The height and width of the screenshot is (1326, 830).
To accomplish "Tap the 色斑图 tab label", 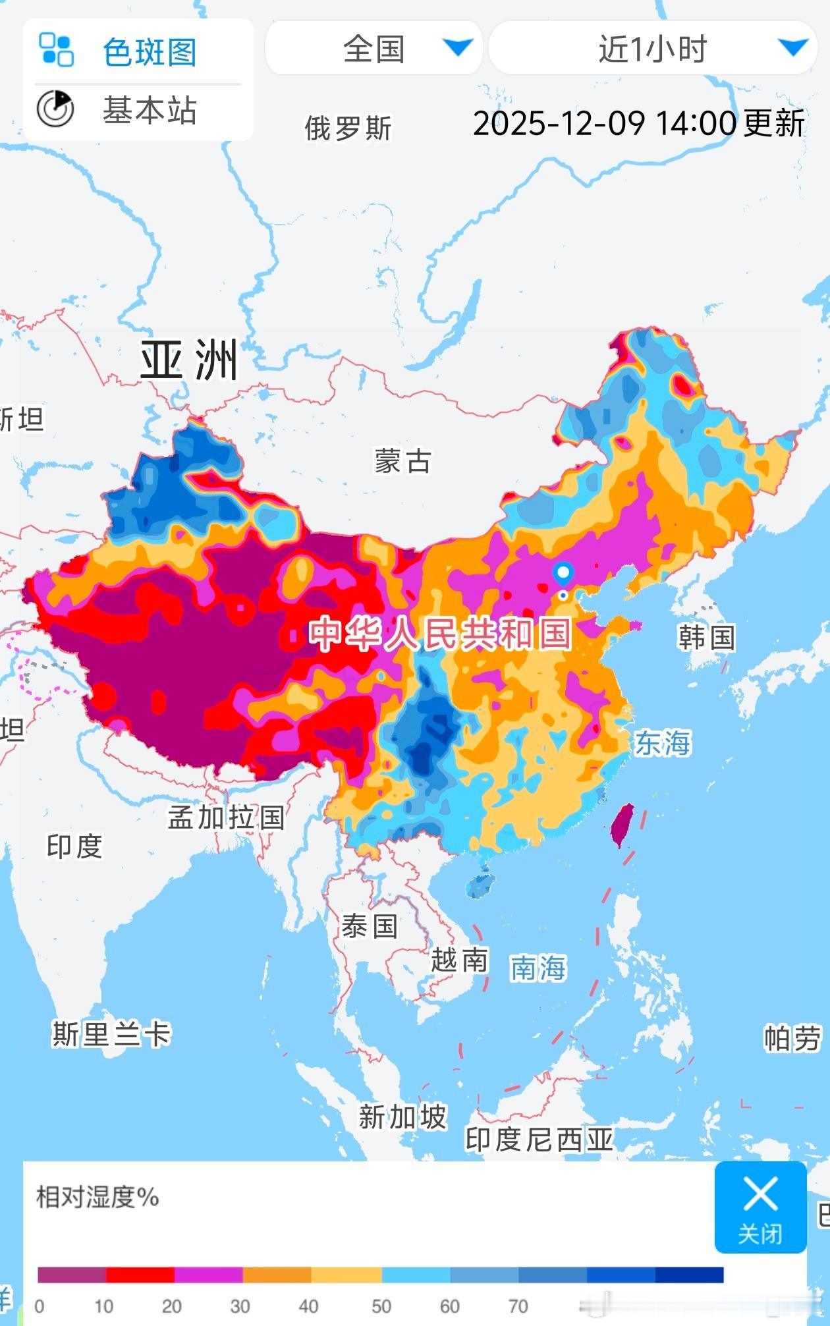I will (149, 52).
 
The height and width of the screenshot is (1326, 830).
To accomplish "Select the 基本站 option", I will (149, 110).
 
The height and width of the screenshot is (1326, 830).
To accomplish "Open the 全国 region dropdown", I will (374, 49).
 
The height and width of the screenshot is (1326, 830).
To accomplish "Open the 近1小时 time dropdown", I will (652, 49).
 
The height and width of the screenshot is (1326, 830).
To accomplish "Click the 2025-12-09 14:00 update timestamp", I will (638, 123).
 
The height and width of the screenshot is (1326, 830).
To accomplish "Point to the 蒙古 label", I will (402, 461).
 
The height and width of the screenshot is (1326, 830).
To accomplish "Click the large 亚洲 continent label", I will (189, 360).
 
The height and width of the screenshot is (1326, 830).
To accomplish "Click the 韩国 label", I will (706, 637).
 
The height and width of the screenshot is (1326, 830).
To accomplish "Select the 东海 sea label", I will (662, 743).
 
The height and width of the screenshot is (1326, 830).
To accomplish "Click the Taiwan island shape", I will (621, 825).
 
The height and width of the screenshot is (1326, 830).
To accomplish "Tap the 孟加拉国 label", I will (225, 817).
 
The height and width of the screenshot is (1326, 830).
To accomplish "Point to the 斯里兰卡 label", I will (111, 1034).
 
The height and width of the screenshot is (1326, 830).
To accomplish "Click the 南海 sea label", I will (538, 968).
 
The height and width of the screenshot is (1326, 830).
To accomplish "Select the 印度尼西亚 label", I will (539, 1140).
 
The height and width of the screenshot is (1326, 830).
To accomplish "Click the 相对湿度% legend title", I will (97, 1197).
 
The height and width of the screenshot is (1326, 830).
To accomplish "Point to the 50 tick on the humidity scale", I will (381, 1306).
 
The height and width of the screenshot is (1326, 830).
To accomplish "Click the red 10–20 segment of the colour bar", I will (140, 1275).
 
